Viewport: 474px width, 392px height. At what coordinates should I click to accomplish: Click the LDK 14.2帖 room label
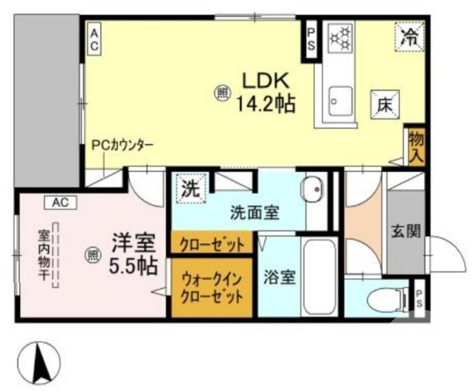click(x=265, y=92)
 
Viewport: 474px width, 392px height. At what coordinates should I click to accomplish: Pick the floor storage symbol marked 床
click(x=384, y=105)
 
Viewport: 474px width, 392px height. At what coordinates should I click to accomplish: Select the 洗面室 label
click(x=254, y=213)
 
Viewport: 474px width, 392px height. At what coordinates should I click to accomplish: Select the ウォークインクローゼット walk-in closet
click(x=212, y=288)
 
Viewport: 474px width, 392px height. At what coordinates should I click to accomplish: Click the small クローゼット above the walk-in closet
click(x=212, y=244)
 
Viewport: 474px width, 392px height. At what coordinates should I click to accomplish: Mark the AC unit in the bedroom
click(x=60, y=202)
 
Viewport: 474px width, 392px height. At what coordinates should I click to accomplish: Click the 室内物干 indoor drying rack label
click(x=44, y=255)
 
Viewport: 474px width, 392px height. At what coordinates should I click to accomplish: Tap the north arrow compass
click(x=41, y=362)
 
